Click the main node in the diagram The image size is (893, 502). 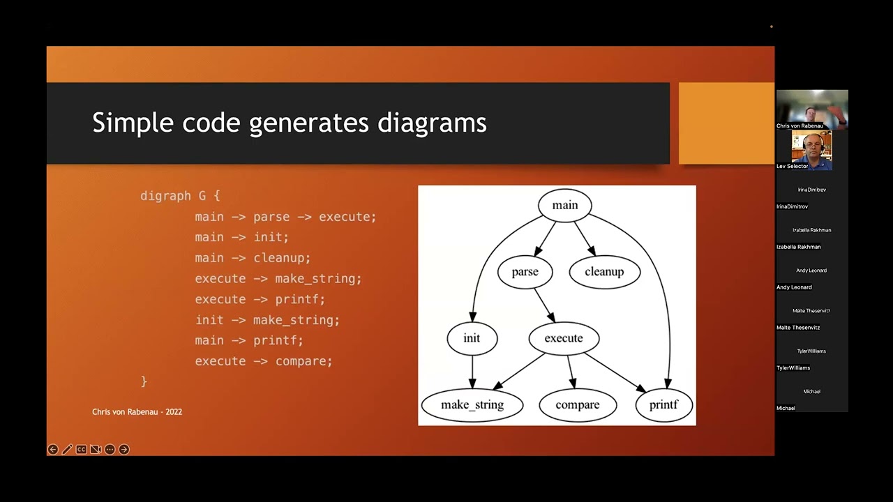(x=565, y=205)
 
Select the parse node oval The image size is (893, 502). (x=525, y=272)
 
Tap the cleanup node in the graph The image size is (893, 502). (x=604, y=272)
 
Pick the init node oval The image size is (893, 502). (x=472, y=338)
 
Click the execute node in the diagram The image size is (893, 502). (x=564, y=338)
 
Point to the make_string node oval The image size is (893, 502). (x=472, y=405)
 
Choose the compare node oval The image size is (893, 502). (x=578, y=405)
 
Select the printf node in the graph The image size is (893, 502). (x=663, y=405)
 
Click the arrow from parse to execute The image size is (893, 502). (x=544, y=305)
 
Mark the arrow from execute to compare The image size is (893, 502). (x=571, y=371)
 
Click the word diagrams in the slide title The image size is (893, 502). (x=432, y=123)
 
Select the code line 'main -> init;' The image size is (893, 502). (x=241, y=237)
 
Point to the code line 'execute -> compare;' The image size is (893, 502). (x=264, y=361)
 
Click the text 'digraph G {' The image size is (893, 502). (x=180, y=196)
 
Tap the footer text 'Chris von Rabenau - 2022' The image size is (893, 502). (x=137, y=412)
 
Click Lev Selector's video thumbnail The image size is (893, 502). (x=811, y=149)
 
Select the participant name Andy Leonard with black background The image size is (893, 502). (x=794, y=287)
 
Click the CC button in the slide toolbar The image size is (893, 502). (x=81, y=450)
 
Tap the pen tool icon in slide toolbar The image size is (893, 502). (x=67, y=450)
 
